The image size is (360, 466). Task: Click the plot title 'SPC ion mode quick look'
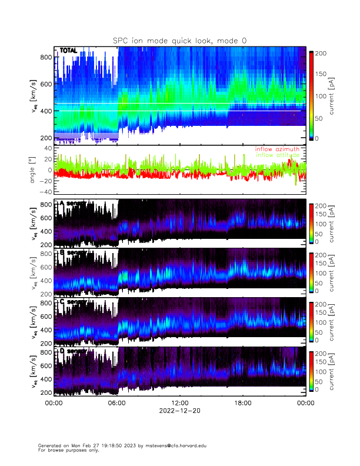[180, 40]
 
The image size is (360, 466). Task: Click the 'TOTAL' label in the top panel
[68, 51]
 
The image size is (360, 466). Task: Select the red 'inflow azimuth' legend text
[277, 149]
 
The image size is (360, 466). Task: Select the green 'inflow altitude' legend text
[278, 155]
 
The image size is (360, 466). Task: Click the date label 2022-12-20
[179, 411]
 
